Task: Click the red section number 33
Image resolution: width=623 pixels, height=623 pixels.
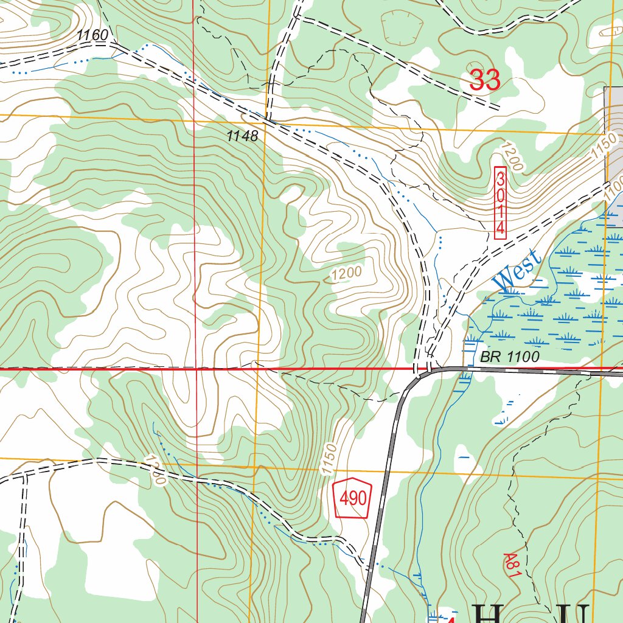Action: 485,80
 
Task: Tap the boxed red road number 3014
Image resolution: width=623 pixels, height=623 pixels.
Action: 500,203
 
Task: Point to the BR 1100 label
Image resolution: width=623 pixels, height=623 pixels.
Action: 509,357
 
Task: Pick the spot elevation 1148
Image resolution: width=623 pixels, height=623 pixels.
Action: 242,136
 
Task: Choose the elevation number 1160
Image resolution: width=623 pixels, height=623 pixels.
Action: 92,36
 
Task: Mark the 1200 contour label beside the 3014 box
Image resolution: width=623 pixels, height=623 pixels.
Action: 512,156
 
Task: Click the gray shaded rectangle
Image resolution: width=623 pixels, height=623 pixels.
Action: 613,122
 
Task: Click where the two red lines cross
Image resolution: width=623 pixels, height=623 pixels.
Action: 195,369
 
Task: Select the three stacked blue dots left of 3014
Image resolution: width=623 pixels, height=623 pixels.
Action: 440,242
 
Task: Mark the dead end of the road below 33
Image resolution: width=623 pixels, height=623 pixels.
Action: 499,108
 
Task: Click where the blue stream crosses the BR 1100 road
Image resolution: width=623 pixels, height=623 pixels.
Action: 462,369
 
